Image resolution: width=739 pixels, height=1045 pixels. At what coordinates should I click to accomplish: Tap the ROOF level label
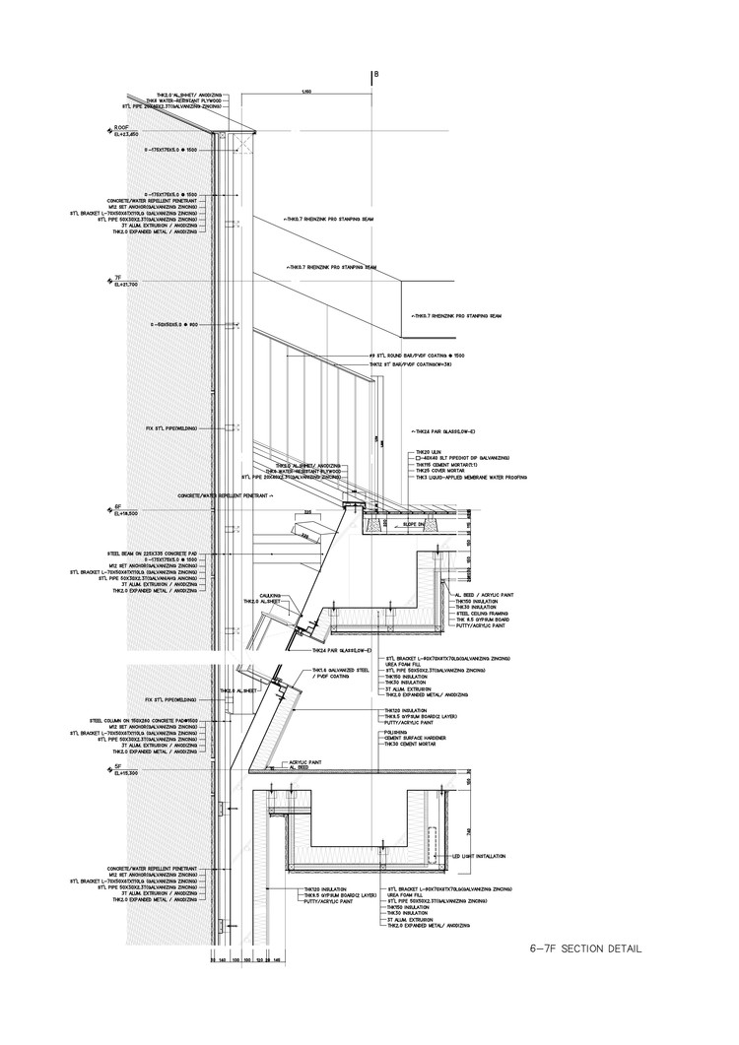click(121, 127)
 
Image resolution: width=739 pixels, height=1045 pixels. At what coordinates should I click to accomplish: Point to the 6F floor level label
click(117, 507)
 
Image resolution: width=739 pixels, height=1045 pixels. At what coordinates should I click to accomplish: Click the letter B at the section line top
click(374, 75)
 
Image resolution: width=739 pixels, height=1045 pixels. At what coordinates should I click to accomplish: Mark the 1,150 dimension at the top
click(307, 93)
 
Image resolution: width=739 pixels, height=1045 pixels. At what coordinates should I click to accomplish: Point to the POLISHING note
click(394, 733)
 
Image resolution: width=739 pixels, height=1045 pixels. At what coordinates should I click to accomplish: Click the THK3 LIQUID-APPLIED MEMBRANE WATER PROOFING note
click(473, 477)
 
